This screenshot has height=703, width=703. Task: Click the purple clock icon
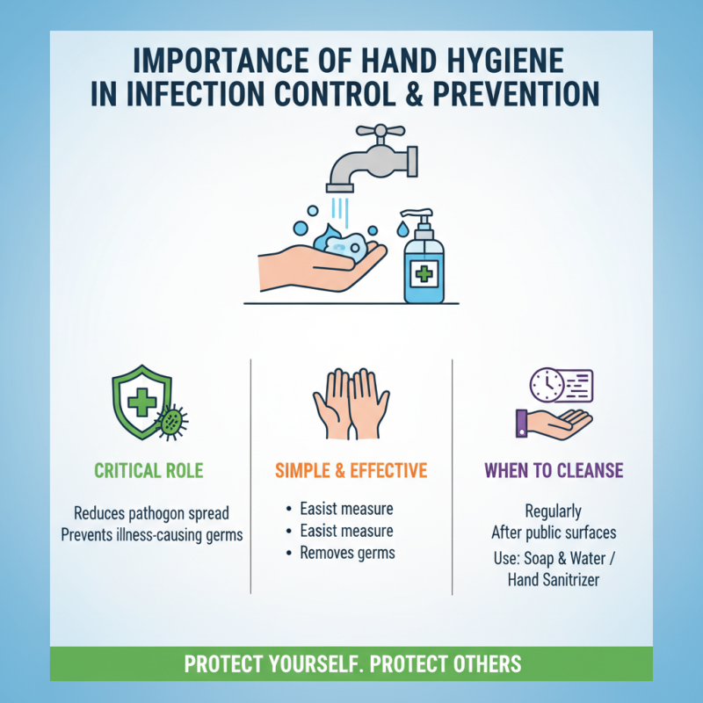pyautogui.click(x=546, y=384)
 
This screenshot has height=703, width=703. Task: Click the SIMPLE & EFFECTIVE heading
pyautogui.click(x=351, y=470)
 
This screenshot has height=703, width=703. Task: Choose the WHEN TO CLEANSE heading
pyautogui.click(x=554, y=470)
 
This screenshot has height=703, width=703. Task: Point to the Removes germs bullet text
pyautogui.click(x=347, y=553)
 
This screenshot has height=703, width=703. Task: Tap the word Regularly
pyautogui.click(x=553, y=511)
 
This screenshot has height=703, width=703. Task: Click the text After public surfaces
pyautogui.click(x=553, y=533)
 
